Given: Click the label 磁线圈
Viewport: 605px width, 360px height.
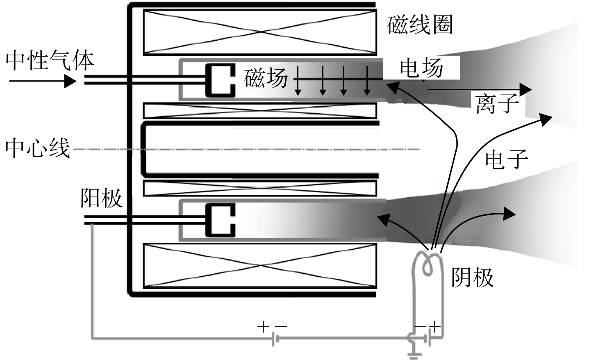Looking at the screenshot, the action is [419, 25].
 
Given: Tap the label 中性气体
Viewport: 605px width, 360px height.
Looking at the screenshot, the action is [50, 60].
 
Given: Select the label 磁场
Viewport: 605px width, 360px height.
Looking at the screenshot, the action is [266, 78].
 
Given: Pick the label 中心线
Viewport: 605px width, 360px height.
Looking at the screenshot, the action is [38, 148].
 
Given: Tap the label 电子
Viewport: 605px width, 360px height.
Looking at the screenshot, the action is [507, 159].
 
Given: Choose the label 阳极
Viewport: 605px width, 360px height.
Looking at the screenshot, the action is [101, 198].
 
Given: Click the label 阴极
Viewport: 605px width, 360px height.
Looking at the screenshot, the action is [473, 277].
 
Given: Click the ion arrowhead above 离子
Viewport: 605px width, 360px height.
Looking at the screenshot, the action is [525, 89].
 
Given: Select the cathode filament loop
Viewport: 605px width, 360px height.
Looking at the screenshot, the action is [427, 265].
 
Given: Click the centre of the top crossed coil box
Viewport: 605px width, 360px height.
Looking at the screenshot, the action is [260, 32].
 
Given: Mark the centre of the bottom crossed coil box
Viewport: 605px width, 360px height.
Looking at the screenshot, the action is [260, 266].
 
